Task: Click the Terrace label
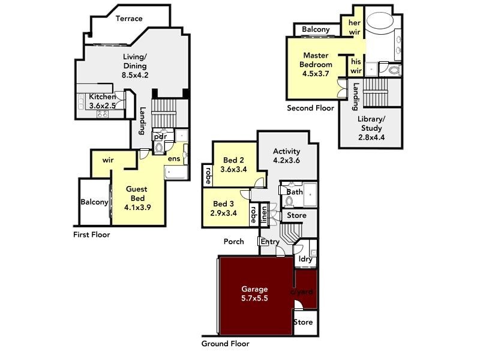129,19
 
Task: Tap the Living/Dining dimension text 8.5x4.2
134,76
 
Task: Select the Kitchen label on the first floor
103,97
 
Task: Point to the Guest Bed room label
136,190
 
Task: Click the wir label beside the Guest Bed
108,160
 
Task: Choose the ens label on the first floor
174,159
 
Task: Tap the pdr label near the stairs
160,137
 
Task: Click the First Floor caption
92,235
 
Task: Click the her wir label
355,28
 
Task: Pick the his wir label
356,66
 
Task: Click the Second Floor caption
310,109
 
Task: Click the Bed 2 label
233,160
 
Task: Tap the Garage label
254,289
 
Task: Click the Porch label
233,242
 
